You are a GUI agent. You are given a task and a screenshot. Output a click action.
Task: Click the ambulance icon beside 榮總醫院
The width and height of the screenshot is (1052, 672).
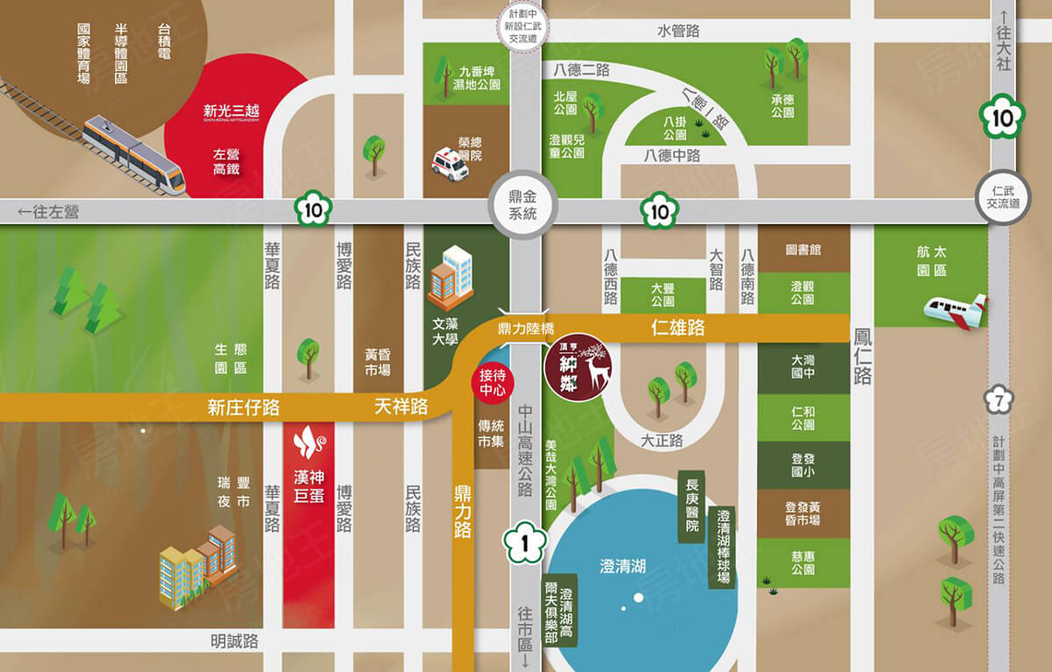click(x=450, y=164)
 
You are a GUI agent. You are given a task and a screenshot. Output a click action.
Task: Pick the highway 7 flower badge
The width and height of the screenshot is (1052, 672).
click(x=999, y=400)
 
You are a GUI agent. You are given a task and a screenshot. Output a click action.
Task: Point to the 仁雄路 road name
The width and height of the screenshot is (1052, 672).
click(x=678, y=329)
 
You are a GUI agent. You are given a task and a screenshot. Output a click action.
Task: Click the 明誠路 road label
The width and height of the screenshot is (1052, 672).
click(x=234, y=641)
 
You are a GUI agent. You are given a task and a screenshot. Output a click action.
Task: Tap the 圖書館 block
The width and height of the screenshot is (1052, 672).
click(x=803, y=250)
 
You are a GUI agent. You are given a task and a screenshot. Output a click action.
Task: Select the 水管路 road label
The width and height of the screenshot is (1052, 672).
click(x=678, y=31)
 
